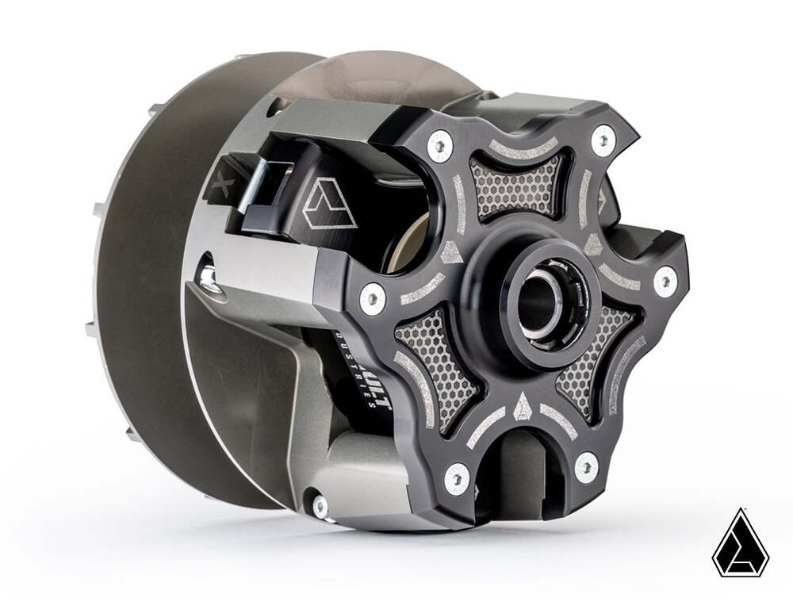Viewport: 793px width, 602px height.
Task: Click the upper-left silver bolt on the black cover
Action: coord(438,146)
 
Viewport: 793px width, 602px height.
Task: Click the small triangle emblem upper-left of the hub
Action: coord(451,251)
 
